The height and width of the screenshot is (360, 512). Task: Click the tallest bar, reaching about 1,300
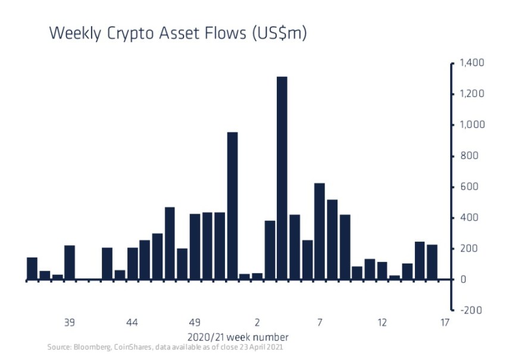tap(282, 178)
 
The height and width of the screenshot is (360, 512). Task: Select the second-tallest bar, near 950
tap(232, 205)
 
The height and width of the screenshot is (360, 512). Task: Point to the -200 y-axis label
tap(467, 310)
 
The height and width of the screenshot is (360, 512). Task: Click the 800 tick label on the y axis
tap(469, 156)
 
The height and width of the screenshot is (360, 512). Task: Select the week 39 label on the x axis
tap(70, 323)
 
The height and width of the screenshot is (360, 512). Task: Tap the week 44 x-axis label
tap(132, 323)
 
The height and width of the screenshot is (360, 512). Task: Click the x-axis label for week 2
tap(257, 323)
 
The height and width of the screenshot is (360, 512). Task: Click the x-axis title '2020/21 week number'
tap(239, 336)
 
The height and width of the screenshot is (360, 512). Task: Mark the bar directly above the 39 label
tap(70, 262)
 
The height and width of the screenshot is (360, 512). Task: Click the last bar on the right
tap(432, 262)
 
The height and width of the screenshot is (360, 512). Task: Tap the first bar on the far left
tap(32, 268)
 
